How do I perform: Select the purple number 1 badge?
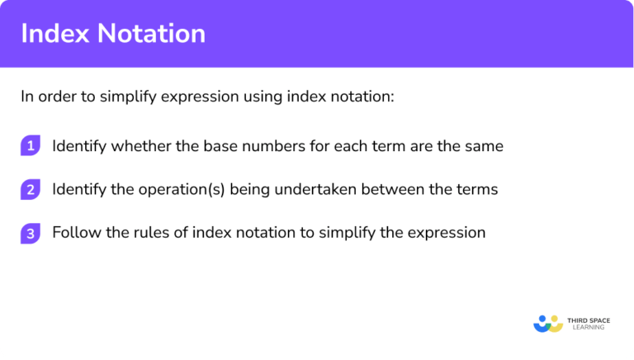click(x=31, y=146)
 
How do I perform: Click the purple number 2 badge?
click(x=31, y=190)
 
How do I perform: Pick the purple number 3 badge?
click(x=31, y=234)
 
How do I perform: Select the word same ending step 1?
click(x=483, y=146)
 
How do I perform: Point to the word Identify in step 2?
click(x=79, y=190)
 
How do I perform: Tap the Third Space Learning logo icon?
click(x=547, y=323)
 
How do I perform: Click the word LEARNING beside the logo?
click(x=586, y=328)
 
